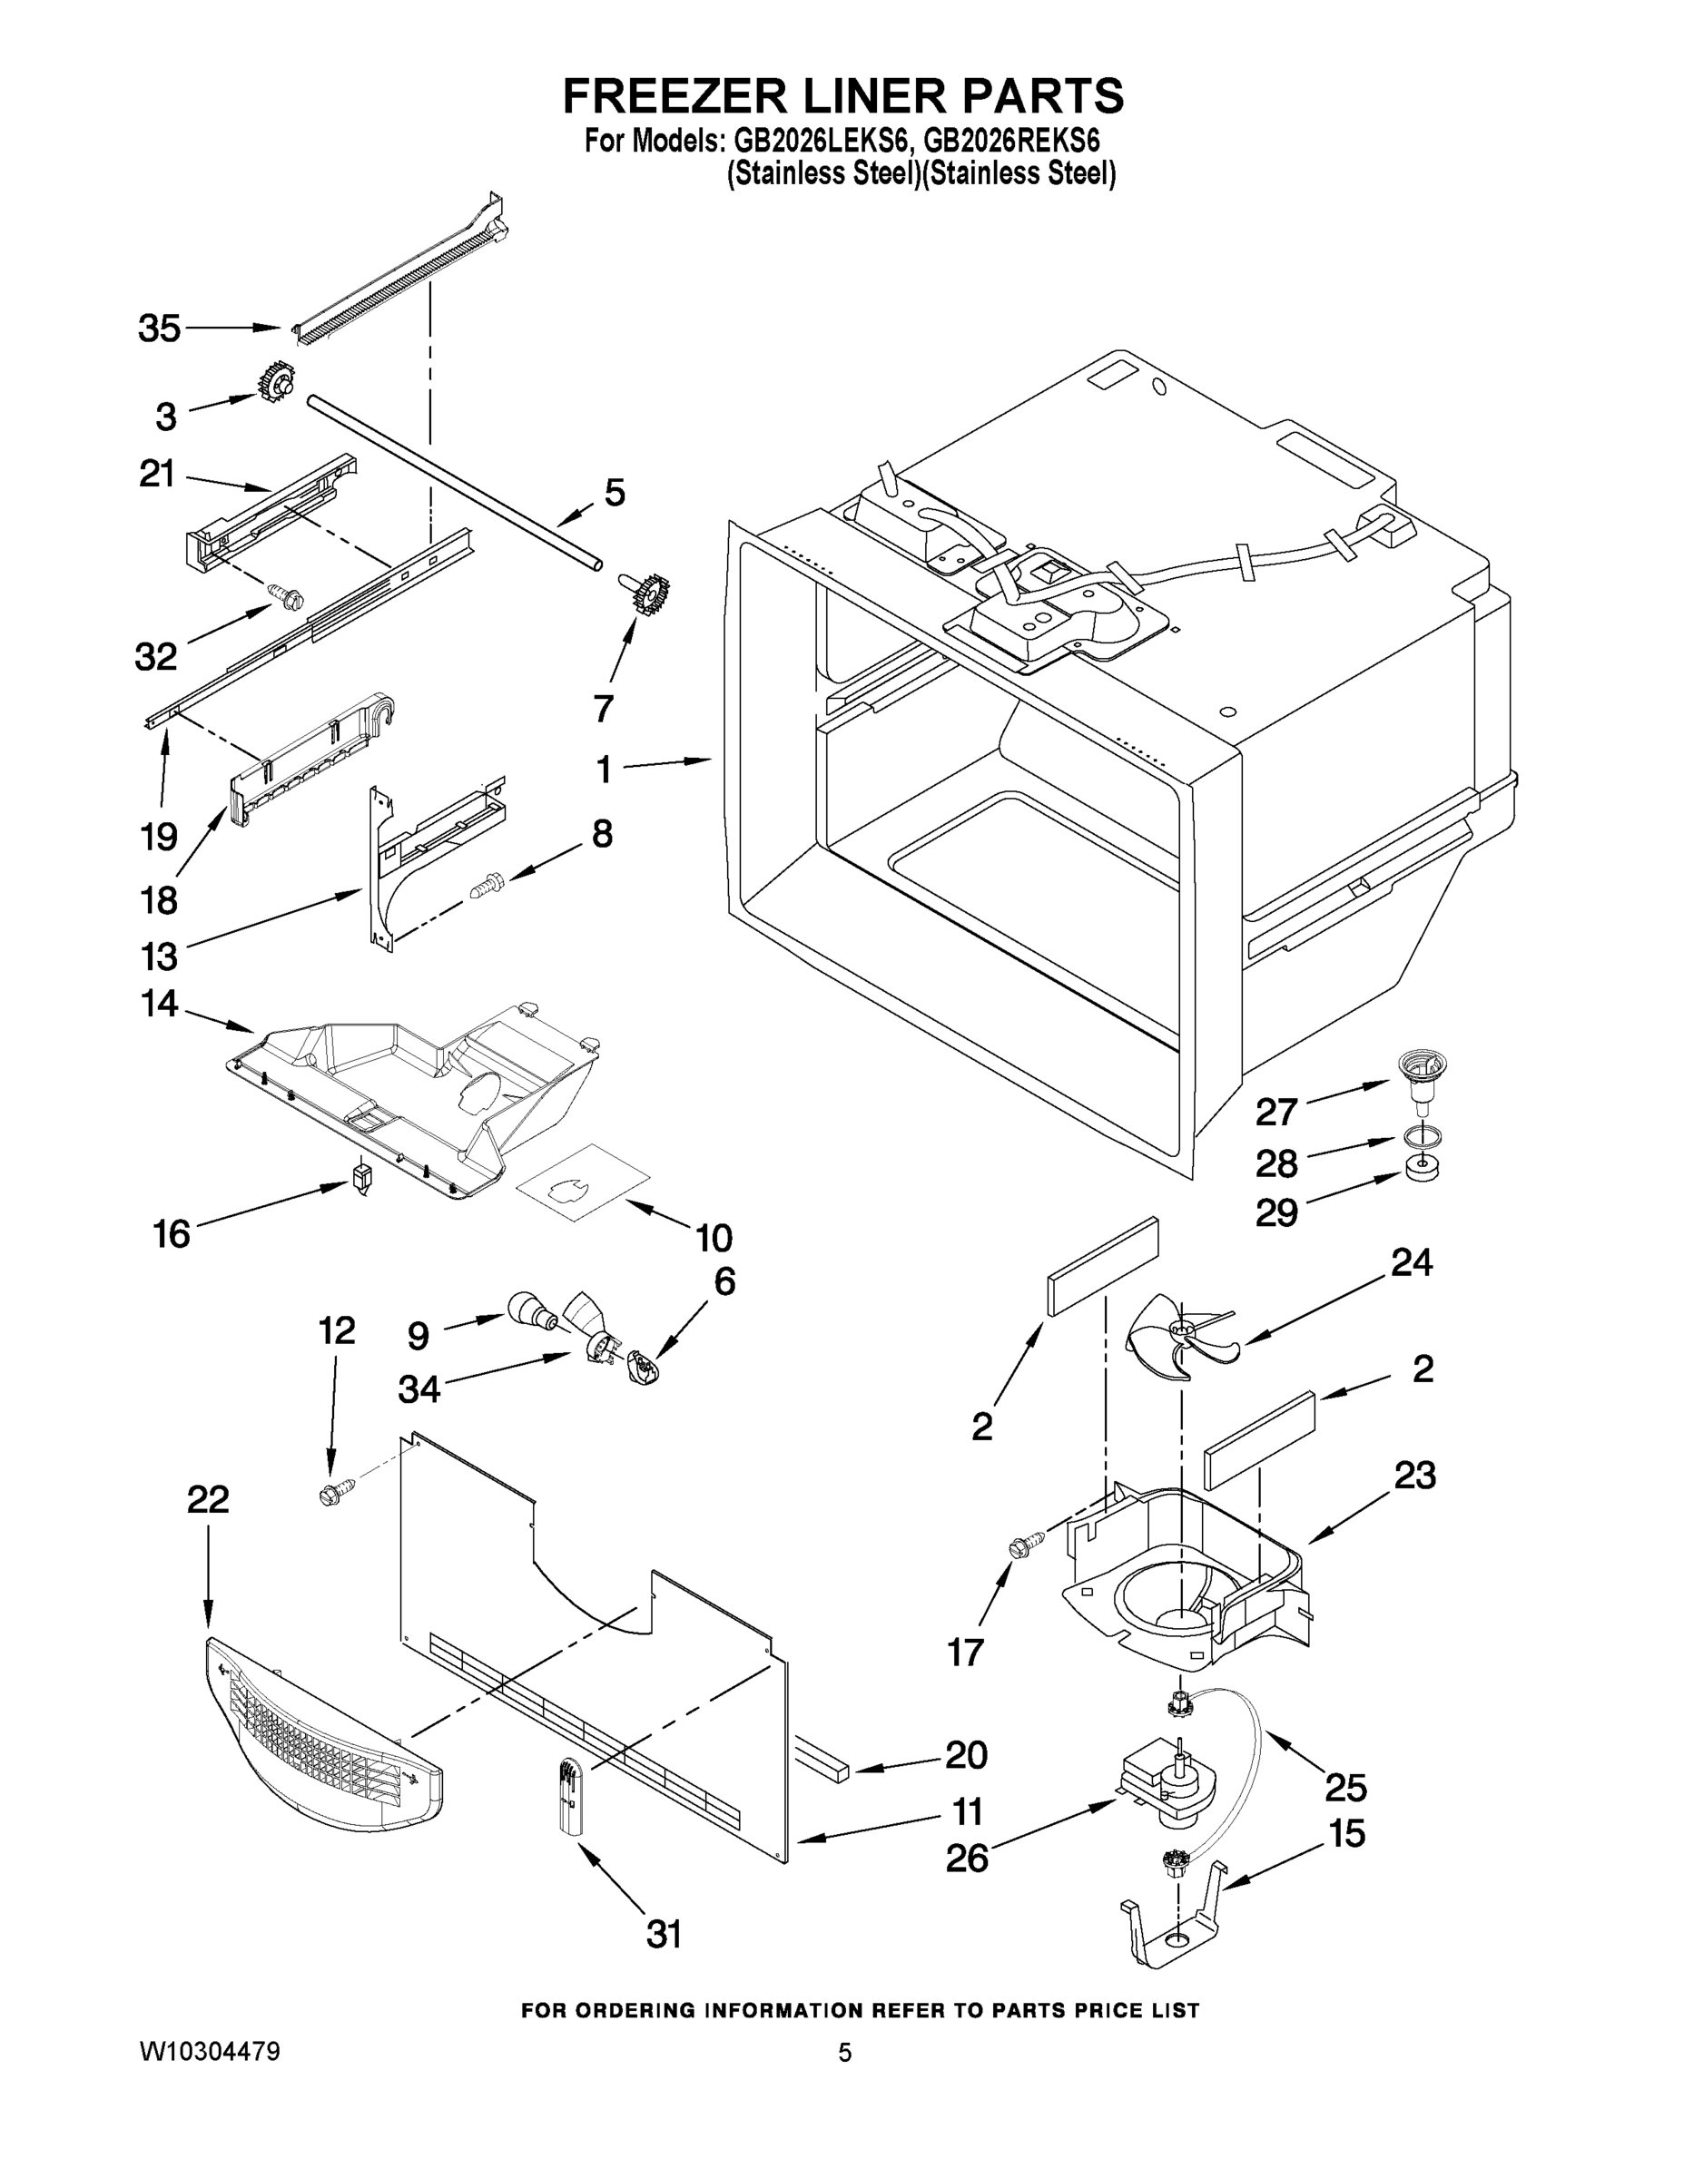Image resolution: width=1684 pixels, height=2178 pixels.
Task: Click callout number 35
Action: pos(159,329)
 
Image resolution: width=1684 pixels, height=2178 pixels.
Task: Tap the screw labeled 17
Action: pos(1026,1545)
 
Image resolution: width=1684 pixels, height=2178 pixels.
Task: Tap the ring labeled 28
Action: pos(1421,1136)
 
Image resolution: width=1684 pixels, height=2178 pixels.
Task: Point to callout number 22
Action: pos(208,1499)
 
